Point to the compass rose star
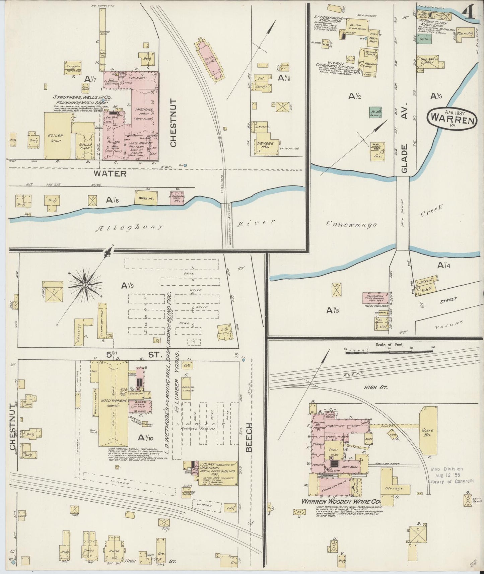(x=85, y=285)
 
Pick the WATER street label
(x=110, y=173)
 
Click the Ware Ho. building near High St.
(x=428, y=432)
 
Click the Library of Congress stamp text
(x=451, y=481)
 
